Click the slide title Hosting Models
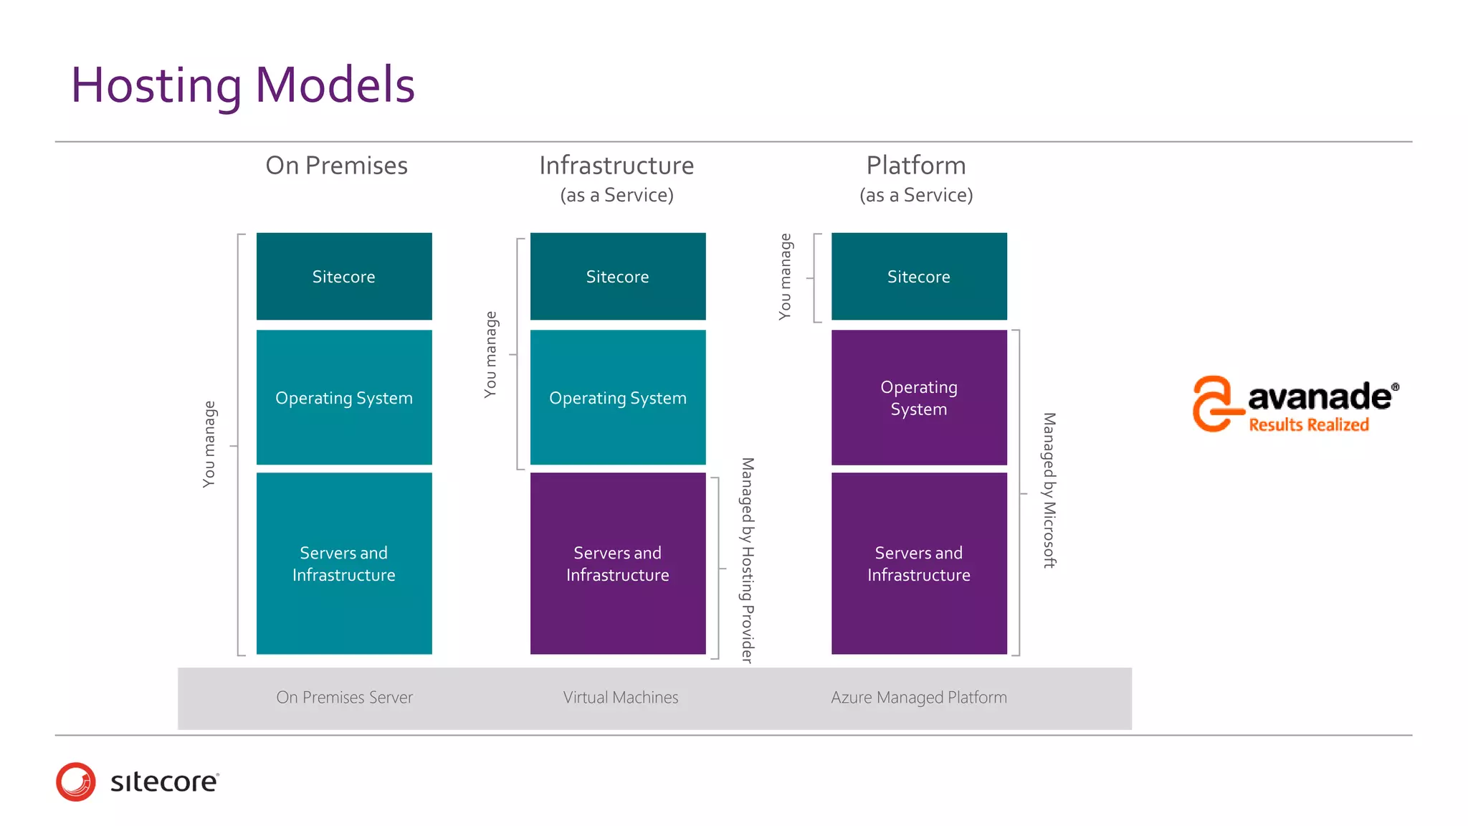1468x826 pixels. click(242, 85)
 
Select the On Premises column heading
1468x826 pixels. click(336, 166)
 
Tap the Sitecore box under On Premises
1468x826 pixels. click(344, 277)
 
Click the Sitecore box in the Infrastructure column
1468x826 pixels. click(617, 277)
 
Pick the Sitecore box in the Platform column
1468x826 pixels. click(918, 277)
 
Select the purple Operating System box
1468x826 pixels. click(918, 398)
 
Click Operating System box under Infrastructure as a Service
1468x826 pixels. click(617, 398)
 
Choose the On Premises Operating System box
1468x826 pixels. click(344, 398)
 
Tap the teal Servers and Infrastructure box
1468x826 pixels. click(344, 564)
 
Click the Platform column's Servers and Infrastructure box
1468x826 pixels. click(918, 564)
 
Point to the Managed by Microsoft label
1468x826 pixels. click(1049, 490)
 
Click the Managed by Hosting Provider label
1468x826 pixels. click(747, 560)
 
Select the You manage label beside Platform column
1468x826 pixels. click(786, 276)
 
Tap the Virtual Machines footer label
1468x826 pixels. click(620, 698)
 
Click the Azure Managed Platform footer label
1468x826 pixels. click(918, 698)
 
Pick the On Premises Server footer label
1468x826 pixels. click(344, 698)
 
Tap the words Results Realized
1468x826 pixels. click(1308, 425)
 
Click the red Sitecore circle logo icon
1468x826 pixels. click(76, 782)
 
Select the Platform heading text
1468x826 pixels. click(915, 166)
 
